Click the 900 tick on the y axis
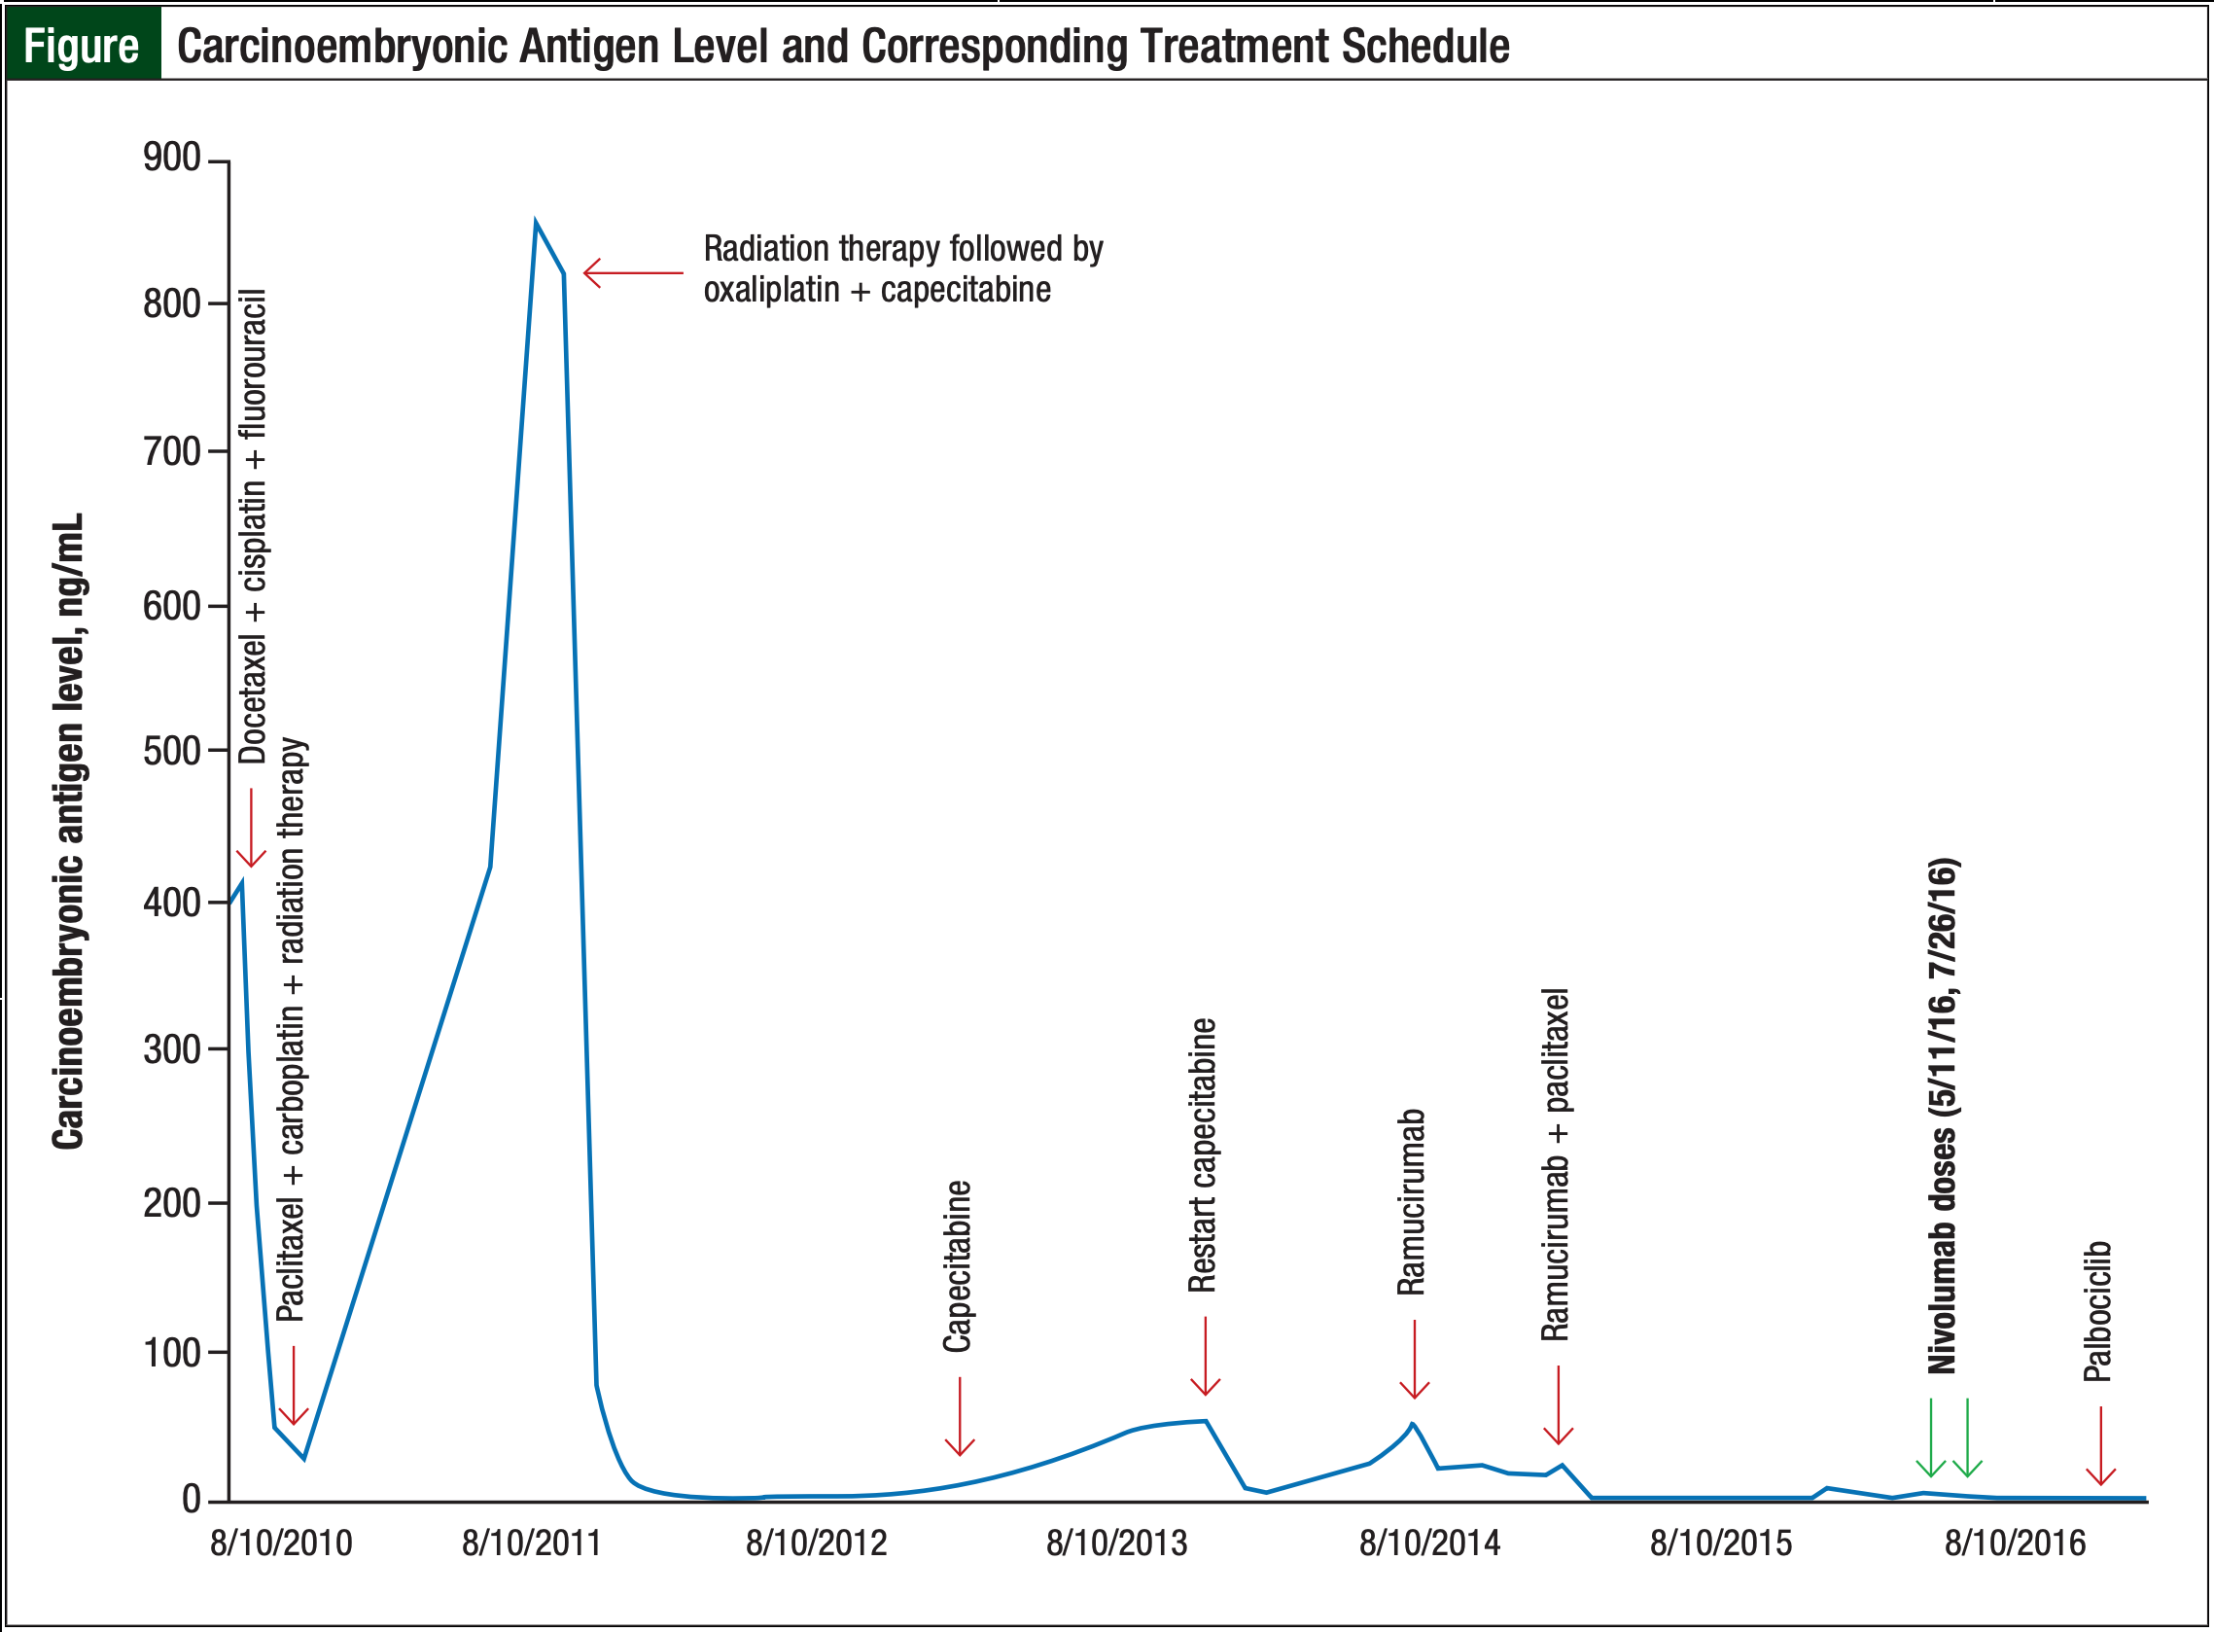(x=172, y=158)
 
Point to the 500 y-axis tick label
(x=172, y=751)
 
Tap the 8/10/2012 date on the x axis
(x=816, y=1543)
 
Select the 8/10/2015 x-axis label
(x=1720, y=1543)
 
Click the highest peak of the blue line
(x=535, y=224)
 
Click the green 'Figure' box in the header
(x=82, y=46)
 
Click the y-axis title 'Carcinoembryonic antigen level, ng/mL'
(x=68, y=831)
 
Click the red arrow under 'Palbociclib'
(x=2100, y=1446)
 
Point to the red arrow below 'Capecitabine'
(x=959, y=1417)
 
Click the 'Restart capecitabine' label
(x=1202, y=1154)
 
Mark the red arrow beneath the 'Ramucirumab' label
(x=1414, y=1360)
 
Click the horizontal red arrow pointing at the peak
(x=632, y=272)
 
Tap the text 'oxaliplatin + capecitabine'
(x=877, y=291)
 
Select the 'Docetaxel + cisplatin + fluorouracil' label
(x=253, y=525)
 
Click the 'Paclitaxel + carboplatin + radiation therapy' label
(x=292, y=1029)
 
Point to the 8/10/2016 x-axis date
(x=2015, y=1543)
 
